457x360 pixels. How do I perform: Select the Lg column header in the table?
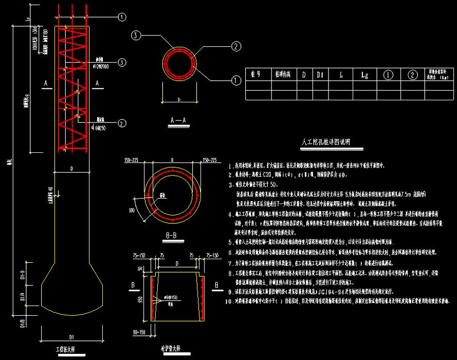(x=364, y=75)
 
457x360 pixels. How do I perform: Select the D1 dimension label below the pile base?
(x=71, y=337)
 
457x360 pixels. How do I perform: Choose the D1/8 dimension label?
(x=23, y=322)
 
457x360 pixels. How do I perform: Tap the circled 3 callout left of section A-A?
(x=135, y=35)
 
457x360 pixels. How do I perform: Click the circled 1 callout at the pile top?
(x=122, y=17)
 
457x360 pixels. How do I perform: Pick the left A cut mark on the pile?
(x=46, y=82)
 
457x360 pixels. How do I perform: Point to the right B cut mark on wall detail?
(x=216, y=284)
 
